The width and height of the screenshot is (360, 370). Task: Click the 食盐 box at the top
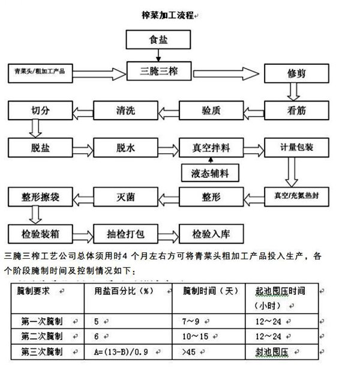click(x=163, y=40)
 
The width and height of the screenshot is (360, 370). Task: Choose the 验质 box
click(x=210, y=111)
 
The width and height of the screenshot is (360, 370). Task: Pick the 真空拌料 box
click(x=210, y=147)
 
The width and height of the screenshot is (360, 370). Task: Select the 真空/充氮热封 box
click(x=296, y=195)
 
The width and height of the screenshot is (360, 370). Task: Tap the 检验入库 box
click(x=210, y=232)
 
